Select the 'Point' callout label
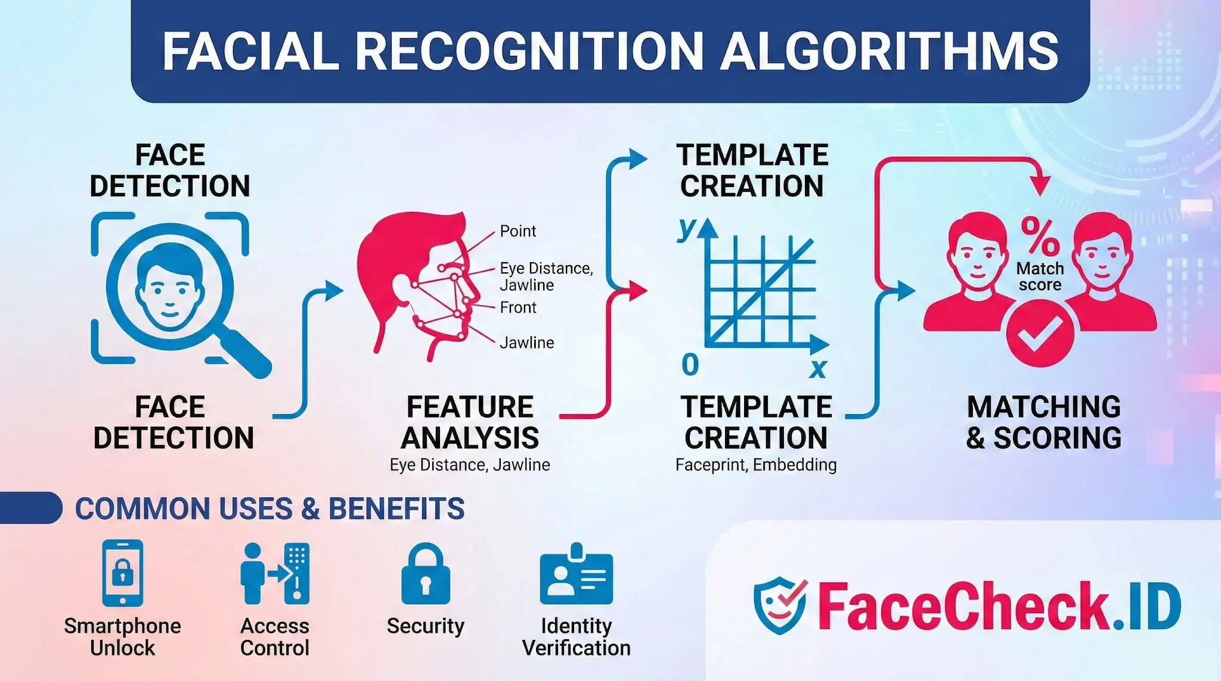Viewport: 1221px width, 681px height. tap(517, 231)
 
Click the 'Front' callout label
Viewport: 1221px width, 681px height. tap(517, 307)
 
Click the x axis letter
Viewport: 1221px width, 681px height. tap(818, 368)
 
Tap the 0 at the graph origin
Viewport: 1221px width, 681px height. tap(690, 364)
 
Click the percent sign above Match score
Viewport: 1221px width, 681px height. tap(1040, 236)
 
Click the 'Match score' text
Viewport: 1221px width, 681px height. tap(1040, 276)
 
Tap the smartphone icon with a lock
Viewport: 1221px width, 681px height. tap(123, 573)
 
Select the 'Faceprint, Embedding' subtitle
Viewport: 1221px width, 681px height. tap(755, 465)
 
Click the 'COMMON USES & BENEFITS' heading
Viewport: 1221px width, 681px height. tap(269, 509)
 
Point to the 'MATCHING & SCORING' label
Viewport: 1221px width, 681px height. tap(1043, 422)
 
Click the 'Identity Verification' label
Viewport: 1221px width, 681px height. tap(576, 637)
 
